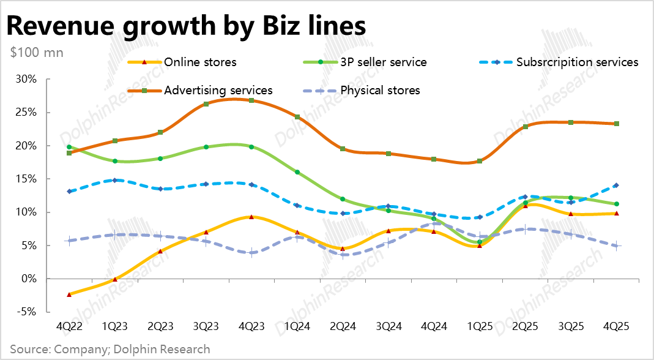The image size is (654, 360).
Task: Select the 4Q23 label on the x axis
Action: tap(251, 326)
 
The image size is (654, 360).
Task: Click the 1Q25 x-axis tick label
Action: tap(479, 326)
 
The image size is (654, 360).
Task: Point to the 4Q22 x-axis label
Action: tap(69, 326)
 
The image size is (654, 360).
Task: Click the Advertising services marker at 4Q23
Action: tap(251, 100)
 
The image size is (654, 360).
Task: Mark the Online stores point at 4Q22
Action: tap(69, 294)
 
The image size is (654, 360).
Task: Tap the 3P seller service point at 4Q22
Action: tap(69, 147)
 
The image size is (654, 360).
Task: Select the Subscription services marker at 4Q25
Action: tap(616, 185)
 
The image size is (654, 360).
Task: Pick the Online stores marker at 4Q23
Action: tap(251, 217)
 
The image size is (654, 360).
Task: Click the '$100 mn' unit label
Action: tap(37, 52)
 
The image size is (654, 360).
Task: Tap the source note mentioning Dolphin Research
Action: tap(110, 350)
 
